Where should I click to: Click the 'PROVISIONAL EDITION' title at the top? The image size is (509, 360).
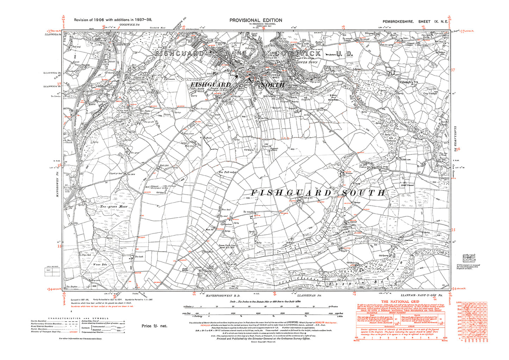(x=256, y=20)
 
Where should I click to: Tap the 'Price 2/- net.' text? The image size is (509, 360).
(x=154, y=326)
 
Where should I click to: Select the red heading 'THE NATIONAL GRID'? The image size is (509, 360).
(x=401, y=302)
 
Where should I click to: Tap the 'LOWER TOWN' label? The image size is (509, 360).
(x=307, y=62)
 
